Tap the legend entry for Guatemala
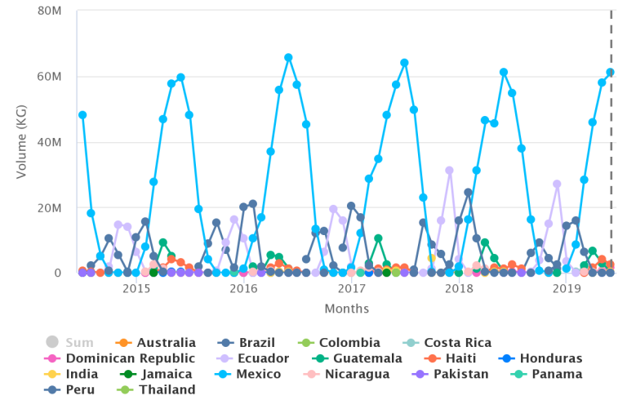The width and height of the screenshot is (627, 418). point(357,358)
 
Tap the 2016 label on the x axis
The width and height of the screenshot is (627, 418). point(243,289)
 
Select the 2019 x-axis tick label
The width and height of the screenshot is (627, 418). point(566,289)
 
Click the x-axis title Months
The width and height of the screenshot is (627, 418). point(346,309)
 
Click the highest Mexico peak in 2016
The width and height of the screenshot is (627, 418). point(288,58)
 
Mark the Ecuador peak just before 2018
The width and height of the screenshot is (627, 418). point(449,171)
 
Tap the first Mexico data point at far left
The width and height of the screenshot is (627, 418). point(82,115)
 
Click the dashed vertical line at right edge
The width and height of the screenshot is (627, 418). point(611,139)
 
